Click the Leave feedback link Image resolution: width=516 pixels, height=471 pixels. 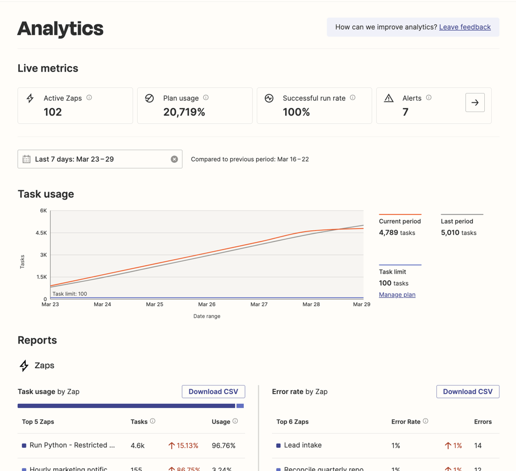click(464, 27)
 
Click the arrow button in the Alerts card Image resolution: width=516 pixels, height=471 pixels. click(475, 103)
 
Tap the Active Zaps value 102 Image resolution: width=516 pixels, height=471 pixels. click(53, 112)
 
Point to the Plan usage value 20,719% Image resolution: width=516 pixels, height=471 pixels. click(184, 112)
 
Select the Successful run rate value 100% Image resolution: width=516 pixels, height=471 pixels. click(296, 112)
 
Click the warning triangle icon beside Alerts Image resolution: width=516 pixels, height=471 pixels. click(388, 98)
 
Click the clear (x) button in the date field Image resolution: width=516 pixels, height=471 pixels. click(174, 159)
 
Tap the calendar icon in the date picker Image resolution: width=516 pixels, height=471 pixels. click(26, 159)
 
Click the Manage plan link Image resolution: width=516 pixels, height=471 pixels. click(397, 295)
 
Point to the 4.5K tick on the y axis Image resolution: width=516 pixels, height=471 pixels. click(41, 233)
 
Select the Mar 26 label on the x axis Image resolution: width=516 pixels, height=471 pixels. click(207, 304)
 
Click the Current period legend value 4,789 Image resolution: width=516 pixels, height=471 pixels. click(388, 233)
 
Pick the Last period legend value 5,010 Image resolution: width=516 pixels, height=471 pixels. click(450, 233)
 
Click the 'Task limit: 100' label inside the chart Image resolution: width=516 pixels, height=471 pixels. click(69, 294)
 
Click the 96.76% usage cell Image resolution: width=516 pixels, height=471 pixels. click(223, 445)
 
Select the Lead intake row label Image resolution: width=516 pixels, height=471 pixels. click(303, 445)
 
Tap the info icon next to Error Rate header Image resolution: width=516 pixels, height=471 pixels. click(426, 422)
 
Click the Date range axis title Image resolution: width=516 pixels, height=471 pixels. click(207, 316)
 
